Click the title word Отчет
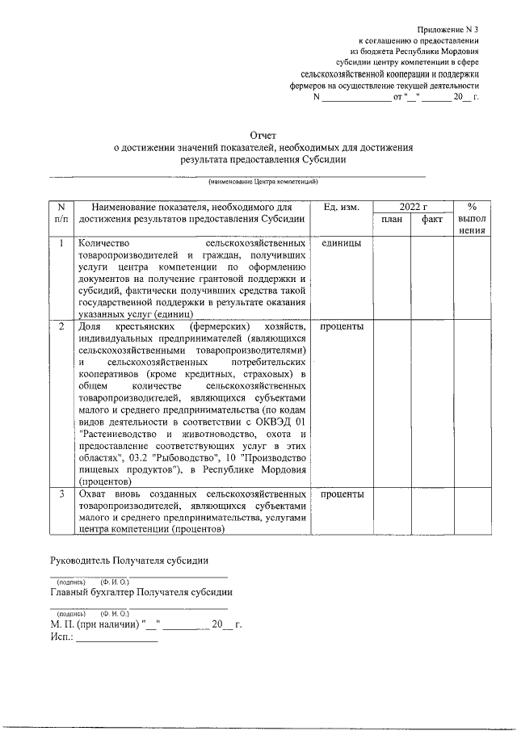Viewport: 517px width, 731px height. tap(263, 136)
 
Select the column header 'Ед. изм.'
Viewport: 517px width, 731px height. tap(342, 208)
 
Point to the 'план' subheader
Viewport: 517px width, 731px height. tap(392, 220)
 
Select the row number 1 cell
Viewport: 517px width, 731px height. tap(61, 242)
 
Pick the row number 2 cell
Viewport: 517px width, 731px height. tap(61, 326)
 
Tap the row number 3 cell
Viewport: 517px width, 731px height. tap(61, 494)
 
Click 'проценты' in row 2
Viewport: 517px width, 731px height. tap(342, 326)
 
